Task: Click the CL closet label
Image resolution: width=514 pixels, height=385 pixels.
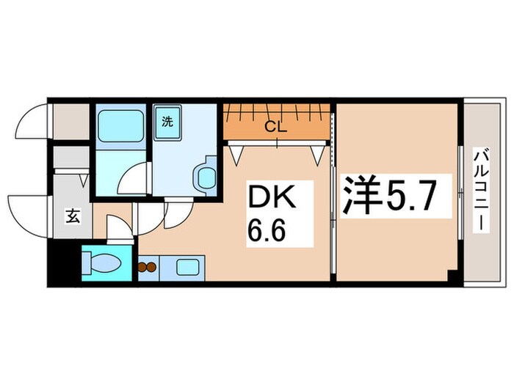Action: click(275, 126)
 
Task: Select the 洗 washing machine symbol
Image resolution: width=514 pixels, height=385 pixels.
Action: click(167, 122)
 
